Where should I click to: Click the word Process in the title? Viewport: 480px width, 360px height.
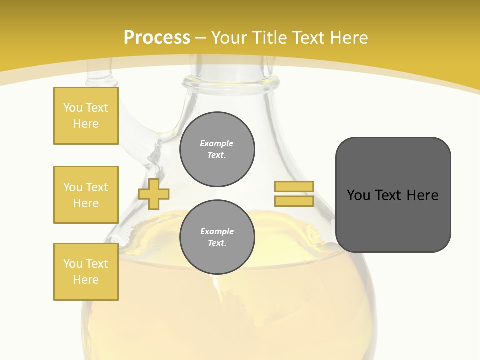[157, 38]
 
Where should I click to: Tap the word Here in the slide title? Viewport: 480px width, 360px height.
[348, 38]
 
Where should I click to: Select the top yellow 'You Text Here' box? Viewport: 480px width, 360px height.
[86, 116]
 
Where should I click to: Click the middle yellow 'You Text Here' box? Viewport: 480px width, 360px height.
[86, 195]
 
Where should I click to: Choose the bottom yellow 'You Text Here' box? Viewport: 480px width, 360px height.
[86, 272]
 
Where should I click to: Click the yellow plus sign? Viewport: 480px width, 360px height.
[153, 194]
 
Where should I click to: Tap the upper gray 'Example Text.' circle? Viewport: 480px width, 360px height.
[217, 149]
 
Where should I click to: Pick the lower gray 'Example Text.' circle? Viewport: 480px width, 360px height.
[217, 237]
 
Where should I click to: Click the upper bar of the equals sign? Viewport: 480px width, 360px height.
[294, 187]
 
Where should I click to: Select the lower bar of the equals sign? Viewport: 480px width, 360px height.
[294, 201]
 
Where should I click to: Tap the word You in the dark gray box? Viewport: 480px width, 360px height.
[358, 195]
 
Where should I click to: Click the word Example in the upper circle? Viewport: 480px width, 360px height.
[217, 143]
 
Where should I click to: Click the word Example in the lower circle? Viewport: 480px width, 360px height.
[217, 231]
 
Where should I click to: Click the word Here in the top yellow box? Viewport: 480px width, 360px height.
[86, 124]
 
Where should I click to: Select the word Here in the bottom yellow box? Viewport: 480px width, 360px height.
[86, 280]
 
